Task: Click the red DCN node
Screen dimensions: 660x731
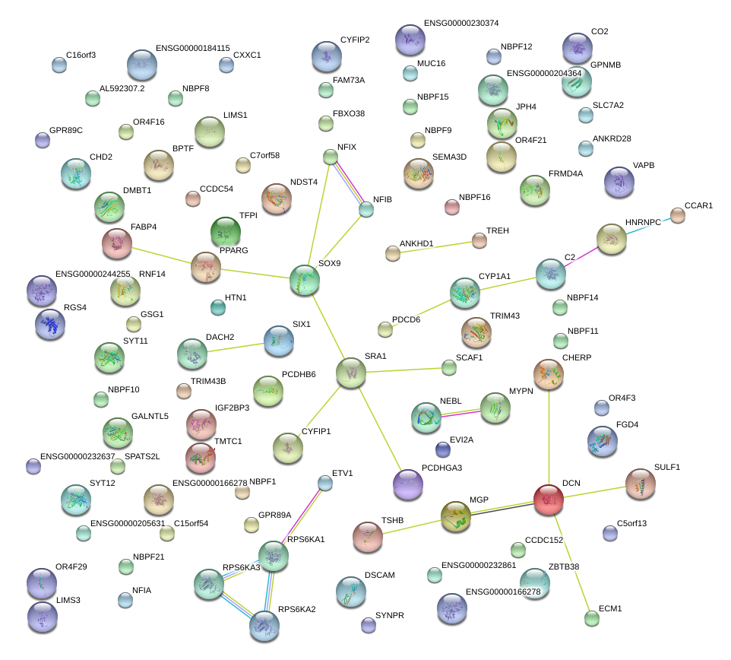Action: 548,499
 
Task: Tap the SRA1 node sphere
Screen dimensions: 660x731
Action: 351,373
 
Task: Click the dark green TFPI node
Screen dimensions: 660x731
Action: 225,232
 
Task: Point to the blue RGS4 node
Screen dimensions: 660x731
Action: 50,324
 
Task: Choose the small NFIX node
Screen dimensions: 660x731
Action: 331,157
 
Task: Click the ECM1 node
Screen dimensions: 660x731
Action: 592,618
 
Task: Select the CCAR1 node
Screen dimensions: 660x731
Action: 678,216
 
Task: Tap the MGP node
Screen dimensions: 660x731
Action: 456,516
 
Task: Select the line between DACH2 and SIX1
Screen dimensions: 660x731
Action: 236,347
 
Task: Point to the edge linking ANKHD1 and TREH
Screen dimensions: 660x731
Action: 435,247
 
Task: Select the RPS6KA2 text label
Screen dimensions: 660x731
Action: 296,609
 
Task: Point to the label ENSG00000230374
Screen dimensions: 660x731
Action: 461,24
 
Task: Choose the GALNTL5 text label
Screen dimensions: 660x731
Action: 150,416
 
